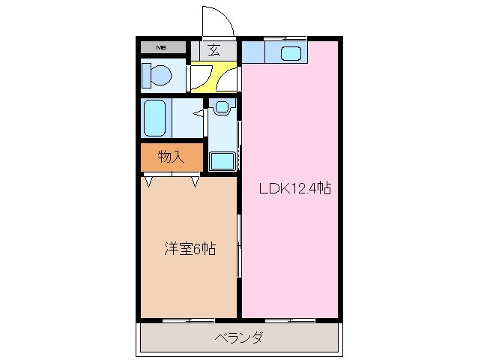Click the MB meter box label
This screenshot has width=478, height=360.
tap(160, 49)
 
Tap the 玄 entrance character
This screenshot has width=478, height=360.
tap(214, 51)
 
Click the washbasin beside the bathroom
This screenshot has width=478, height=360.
tap(222, 107)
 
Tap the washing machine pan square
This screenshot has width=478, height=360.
tap(222, 159)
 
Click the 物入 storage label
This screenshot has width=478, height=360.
tap(171, 157)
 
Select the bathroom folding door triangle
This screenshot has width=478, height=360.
tap(199, 114)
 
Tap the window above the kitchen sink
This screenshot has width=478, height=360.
tap(285, 37)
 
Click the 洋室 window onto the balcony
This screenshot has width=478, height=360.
tap(188, 319)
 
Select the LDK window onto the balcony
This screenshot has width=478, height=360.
tap(289, 319)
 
